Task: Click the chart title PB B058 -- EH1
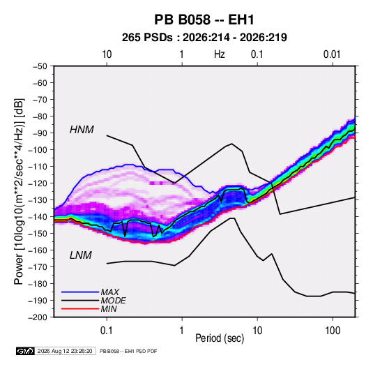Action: [x=204, y=20]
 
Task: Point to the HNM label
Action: [x=82, y=130]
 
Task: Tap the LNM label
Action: [x=80, y=255]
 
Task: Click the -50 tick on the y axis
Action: [x=40, y=66]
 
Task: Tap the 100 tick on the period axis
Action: [x=333, y=331]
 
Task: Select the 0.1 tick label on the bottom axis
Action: [x=107, y=331]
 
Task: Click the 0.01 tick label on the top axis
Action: [x=332, y=54]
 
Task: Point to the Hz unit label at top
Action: [x=220, y=54]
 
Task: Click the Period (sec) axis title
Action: [x=220, y=338]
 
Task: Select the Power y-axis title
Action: [x=19, y=192]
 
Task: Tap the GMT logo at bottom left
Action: [x=25, y=351]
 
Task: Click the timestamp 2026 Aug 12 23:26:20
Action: [x=65, y=351]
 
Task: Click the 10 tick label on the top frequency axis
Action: [x=107, y=54]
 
